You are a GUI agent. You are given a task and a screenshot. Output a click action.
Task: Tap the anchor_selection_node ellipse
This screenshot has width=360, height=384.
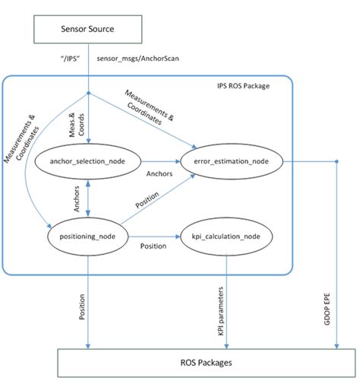pos(89,161)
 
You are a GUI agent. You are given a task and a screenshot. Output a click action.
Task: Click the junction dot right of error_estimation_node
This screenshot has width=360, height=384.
pos(336,161)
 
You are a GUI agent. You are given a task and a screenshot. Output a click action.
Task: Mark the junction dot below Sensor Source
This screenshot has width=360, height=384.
pos(90,94)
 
